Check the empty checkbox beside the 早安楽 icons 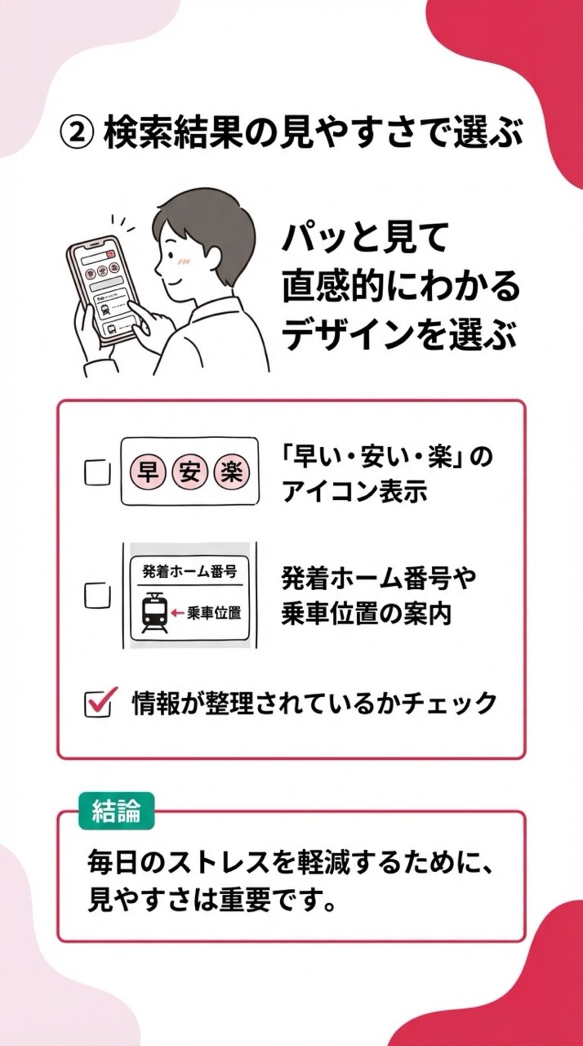[x=97, y=472]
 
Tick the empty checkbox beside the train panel [x=97, y=595]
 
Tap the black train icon [x=155, y=613]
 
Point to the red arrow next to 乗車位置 [x=177, y=613]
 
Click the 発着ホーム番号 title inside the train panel [x=190, y=571]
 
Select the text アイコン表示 [x=355, y=491]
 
